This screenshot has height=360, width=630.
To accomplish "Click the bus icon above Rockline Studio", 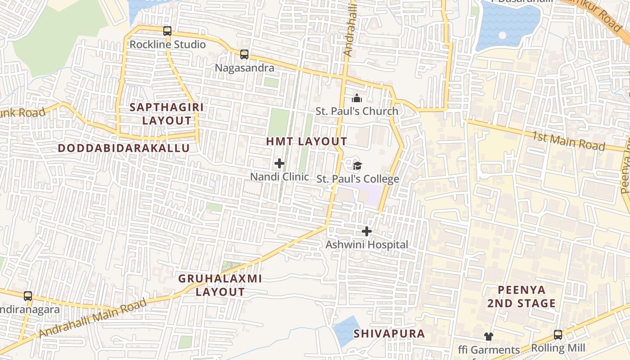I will point(167,31).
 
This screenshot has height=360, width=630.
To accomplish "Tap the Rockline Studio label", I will point(167,45).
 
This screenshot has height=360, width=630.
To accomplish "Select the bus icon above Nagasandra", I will point(244,54).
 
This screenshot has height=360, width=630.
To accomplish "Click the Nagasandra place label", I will point(244,68).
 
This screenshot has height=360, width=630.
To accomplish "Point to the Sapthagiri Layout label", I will point(167,114).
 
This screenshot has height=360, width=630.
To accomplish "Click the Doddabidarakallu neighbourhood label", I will point(124,148).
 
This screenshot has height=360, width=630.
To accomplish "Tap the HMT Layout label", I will point(306,141).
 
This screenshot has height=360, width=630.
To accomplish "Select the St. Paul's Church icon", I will point(357,98).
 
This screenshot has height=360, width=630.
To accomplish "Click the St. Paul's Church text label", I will point(357,111).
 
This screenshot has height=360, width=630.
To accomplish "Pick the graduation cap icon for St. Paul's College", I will point(357,166).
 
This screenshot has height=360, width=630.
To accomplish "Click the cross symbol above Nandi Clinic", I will point(279,163).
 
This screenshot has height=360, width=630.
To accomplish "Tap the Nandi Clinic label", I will point(279,177).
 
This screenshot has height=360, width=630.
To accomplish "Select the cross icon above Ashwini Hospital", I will point(367,231).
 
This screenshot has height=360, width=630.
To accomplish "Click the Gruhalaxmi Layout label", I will point(220,285).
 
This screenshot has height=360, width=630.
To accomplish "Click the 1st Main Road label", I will point(568,141).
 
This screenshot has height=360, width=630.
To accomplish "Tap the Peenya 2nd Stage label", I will point(522,297).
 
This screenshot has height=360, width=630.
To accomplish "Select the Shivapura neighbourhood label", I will point(389,333).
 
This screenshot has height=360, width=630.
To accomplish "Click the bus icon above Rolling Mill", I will point(558,335).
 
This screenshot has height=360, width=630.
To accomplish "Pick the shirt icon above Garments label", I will point(488,337).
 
